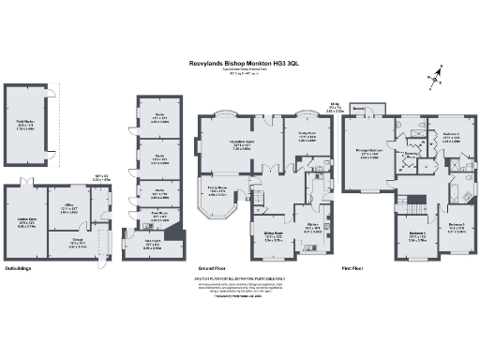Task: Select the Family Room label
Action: [217, 190]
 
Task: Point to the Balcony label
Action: [360, 108]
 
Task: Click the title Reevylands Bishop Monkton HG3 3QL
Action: [244, 63]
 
